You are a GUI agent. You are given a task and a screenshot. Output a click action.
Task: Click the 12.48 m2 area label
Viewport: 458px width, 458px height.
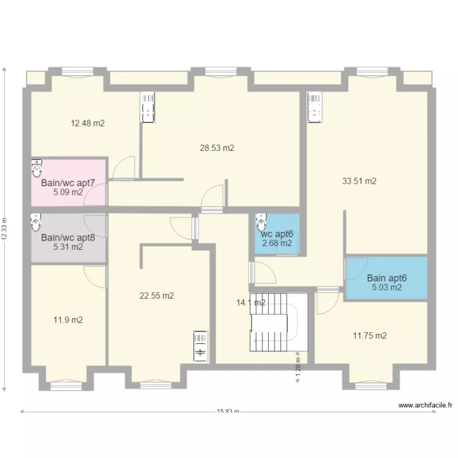87,123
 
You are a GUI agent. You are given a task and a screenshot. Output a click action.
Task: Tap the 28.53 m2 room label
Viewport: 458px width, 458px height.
217,148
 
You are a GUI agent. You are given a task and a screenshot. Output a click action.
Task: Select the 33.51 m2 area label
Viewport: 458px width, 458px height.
359,181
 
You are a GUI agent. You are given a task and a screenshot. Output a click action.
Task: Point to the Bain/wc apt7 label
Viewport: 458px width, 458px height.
68,183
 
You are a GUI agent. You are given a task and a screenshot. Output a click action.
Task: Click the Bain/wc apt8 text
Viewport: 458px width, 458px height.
68,238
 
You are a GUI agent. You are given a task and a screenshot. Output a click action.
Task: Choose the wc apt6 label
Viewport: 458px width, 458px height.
277,234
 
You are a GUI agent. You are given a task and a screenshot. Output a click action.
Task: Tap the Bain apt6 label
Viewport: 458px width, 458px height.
387,278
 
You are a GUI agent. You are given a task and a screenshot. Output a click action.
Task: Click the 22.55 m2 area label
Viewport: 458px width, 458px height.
156,296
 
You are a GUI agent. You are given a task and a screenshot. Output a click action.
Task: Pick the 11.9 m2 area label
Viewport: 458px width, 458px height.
68,320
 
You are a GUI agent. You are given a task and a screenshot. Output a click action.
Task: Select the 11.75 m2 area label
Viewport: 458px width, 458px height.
370,336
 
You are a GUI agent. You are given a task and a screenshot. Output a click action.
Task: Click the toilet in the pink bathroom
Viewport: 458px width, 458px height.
37,169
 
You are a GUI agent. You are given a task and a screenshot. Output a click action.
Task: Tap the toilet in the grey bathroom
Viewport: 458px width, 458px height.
35,222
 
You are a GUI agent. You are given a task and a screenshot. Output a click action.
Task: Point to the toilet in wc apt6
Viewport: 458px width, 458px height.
261,222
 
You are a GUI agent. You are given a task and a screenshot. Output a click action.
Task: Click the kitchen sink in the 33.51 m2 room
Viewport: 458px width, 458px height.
314,107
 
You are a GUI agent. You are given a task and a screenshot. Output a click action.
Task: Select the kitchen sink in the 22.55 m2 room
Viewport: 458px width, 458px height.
200,346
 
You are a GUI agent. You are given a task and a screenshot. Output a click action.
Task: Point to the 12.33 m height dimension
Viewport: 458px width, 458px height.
4,229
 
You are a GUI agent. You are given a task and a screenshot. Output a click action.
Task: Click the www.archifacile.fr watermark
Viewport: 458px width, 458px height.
425,405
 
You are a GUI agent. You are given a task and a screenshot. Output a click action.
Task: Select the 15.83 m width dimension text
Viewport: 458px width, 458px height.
228,411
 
